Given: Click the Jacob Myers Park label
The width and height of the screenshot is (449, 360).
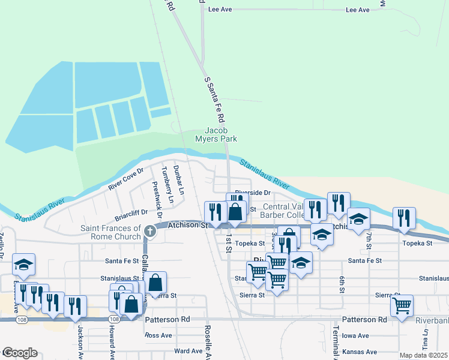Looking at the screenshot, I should click(221, 134).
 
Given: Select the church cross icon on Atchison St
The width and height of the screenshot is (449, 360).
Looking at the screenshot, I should click(149, 230).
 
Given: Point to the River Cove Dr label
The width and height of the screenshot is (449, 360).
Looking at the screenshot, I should click(126, 179).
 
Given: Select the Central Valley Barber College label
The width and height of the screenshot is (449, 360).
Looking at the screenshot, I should click(284, 211).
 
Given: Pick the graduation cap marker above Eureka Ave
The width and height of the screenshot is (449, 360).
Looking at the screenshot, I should click(23, 263).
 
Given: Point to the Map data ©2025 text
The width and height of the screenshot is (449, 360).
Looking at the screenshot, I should click(424, 355).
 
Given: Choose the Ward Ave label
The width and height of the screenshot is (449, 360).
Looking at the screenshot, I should click(185, 351).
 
